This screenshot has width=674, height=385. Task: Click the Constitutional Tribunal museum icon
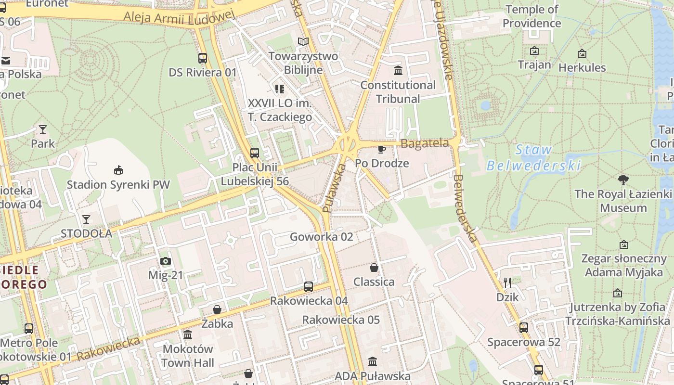[398, 71]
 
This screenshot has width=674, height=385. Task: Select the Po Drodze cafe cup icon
[382, 149]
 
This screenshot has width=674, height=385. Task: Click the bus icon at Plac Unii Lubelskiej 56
[255, 153]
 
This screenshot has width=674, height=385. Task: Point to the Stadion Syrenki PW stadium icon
[118, 170]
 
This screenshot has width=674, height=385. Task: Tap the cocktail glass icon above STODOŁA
[86, 219]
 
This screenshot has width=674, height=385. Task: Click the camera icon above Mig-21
[166, 261]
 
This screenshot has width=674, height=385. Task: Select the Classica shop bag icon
[374, 268]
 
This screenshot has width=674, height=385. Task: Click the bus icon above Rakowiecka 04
[309, 287]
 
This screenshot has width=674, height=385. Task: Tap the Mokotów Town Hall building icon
[188, 334]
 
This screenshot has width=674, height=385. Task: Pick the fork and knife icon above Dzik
[507, 282]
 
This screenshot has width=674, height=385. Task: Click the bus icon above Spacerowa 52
[524, 328]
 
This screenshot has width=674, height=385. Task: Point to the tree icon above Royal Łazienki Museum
[623, 180]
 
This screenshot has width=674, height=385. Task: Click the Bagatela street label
[425, 143]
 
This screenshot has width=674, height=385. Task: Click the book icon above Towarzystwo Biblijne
[303, 42]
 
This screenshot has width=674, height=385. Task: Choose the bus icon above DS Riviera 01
[203, 58]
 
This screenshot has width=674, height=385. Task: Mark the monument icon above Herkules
[582, 53]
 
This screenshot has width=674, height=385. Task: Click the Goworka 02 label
[321, 237]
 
